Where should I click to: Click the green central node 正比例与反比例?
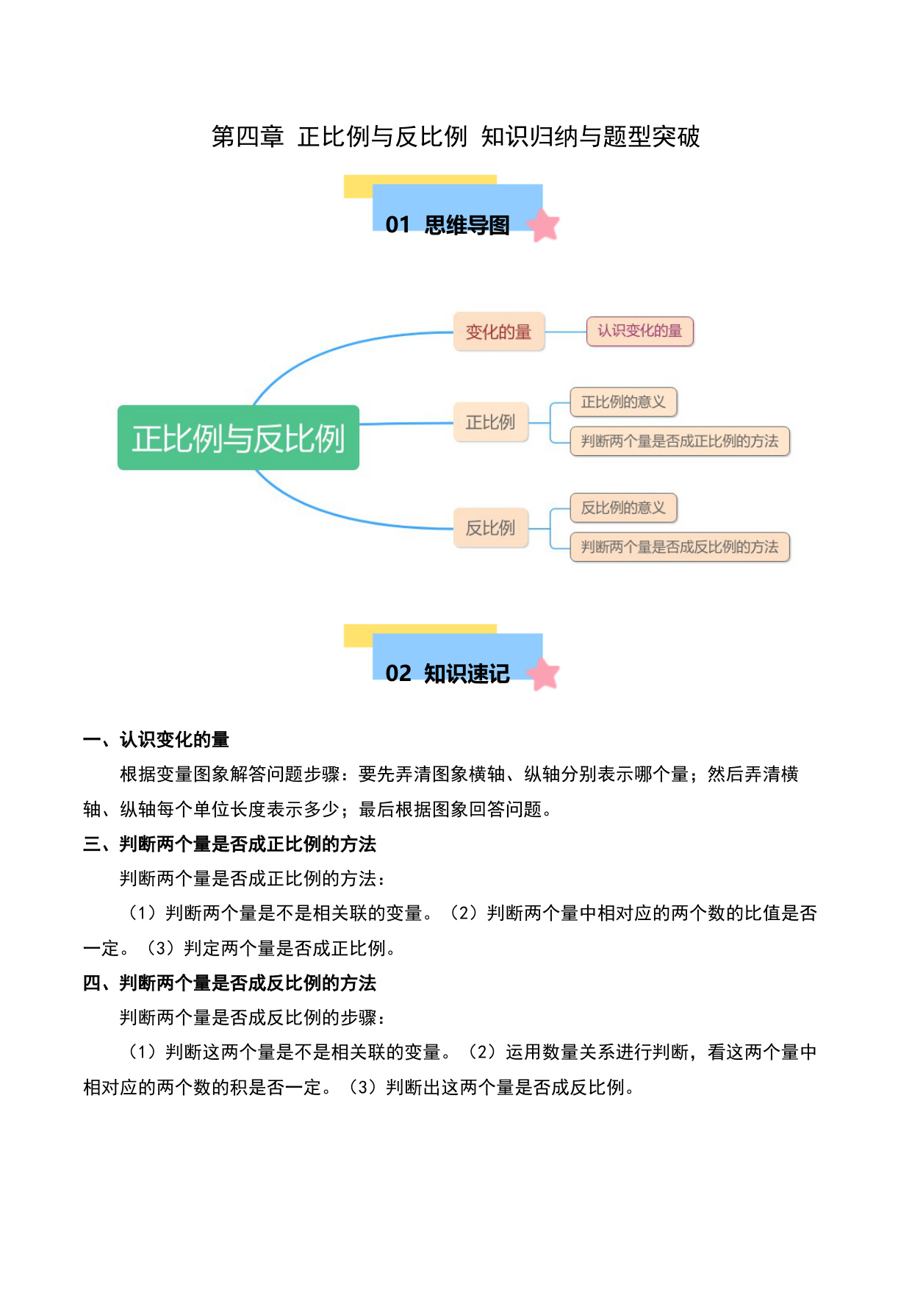tap(238, 438)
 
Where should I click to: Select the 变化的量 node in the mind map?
tap(499, 332)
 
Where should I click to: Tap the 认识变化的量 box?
tap(639, 331)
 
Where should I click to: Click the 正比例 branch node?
tap(491, 422)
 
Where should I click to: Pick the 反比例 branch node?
tap(491, 528)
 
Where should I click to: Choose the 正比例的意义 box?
tap(623, 402)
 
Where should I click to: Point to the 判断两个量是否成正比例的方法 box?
tap(680, 441)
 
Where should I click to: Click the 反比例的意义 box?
tap(623, 507)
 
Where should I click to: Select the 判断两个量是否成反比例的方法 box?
tap(680, 547)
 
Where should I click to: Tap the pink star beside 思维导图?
tap(544, 225)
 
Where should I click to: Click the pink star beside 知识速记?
tap(544, 674)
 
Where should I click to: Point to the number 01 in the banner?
tap(398, 225)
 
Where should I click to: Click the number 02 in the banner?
tap(398, 674)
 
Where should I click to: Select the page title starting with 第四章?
tap(456, 137)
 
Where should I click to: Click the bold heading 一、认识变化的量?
tap(157, 739)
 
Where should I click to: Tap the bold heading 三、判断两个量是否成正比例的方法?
tap(230, 844)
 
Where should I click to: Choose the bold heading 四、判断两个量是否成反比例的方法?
tap(230, 983)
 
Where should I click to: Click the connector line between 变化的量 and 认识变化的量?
tap(565, 332)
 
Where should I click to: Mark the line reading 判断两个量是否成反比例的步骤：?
tap(254, 1018)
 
